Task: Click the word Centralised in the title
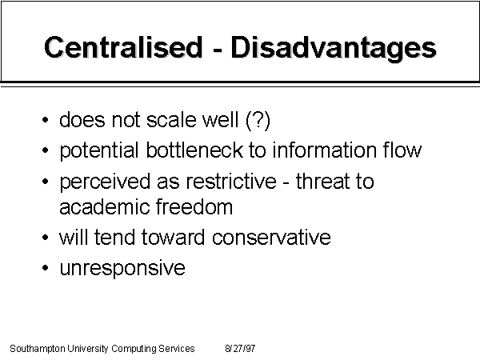click(x=123, y=47)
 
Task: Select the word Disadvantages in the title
click(x=334, y=48)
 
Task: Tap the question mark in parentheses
click(x=258, y=120)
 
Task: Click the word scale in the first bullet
click(x=171, y=120)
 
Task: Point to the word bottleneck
click(x=194, y=150)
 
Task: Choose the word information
click(x=325, y=150)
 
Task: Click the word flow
click(x=402, y=150)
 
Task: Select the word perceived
click(x=105, y=182)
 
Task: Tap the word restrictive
click(x=231, y=182)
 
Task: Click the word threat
click(x=322, y=182)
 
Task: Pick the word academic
click(x=104, y=207)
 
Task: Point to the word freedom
click(x=194, y=207)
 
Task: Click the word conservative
click(x=271, y=238)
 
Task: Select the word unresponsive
click(x=122, y=269)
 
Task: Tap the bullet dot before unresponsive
click(x=46, y=268)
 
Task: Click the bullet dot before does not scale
click(x=46, y=120)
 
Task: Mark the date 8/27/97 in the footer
click(x=240, y=348)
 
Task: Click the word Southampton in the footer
click(x=38, y=349)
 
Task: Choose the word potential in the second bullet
click(x=99, y=151)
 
